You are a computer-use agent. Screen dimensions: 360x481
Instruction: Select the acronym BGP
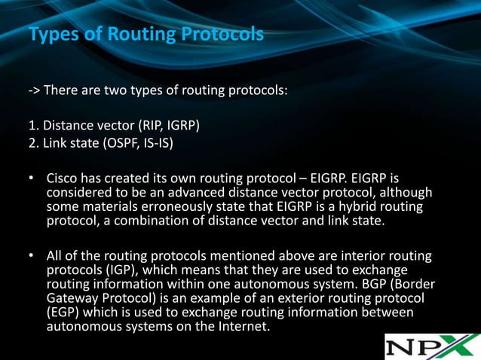click(x=385, y=284)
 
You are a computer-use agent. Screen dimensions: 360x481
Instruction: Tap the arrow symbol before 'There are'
click(x=34, y=91)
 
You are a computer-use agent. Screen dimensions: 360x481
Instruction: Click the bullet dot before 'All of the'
click(x=32, y=257)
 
